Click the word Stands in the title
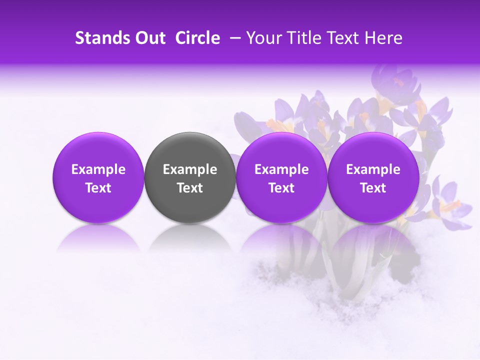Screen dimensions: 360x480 tap(100, 38)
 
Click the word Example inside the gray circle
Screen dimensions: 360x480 tap(190, 169)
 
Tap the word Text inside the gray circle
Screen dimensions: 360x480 tap(190, 188)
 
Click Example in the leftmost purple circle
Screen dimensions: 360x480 tap(98, 169)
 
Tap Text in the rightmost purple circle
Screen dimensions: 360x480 tap(373, 188)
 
